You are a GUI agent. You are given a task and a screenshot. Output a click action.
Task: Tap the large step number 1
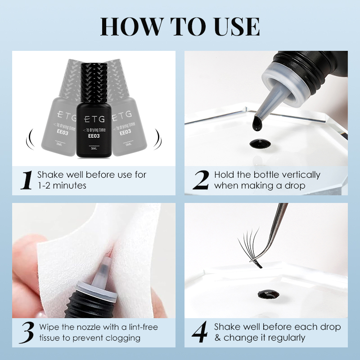[27, 180]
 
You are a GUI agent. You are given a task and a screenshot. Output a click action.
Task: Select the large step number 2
[201, 180]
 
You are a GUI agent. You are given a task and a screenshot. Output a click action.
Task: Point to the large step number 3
[27, 333]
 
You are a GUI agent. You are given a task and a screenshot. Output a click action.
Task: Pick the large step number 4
[200, 332]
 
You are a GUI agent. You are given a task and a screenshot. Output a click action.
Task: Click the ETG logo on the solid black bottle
[94, 119]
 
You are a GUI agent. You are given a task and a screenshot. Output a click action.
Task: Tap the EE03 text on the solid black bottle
[94, 136]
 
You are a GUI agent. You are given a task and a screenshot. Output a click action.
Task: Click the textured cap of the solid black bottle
[94, 83]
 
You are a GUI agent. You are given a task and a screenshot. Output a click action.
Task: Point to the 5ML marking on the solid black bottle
[94, 148]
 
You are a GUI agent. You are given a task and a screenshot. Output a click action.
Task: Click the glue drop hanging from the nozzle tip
[257, 124]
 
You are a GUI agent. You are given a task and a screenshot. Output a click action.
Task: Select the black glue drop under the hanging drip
[260, 144]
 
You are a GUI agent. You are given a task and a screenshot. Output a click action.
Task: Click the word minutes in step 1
[69, 185]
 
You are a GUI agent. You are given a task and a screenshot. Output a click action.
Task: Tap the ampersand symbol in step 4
[218, 338]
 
